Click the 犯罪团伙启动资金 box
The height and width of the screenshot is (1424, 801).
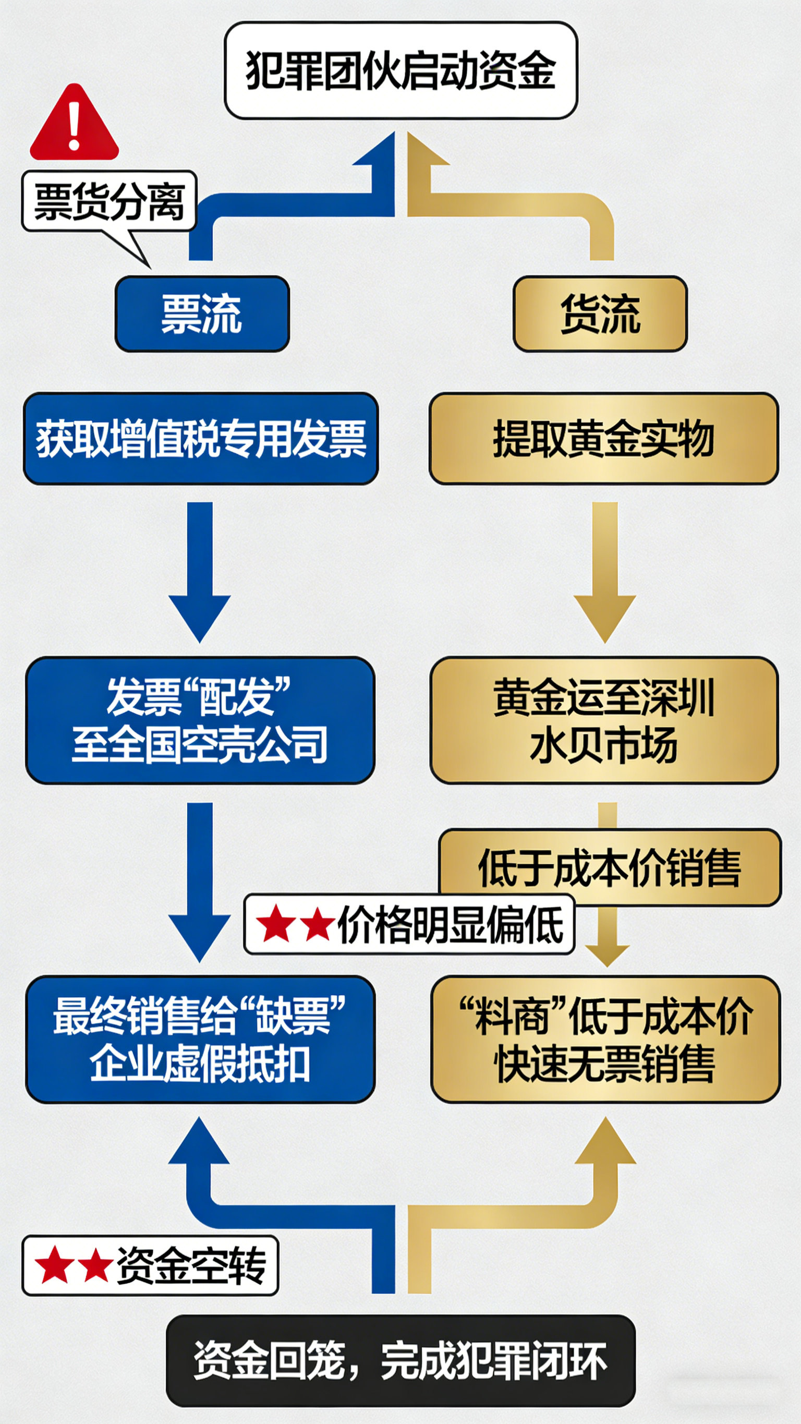(x=401, y=70)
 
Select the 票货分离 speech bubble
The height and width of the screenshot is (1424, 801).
(x=109, y=201)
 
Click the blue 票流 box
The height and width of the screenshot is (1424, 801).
(x=202, y=313)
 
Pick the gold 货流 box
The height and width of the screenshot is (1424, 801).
(x=600, y=313)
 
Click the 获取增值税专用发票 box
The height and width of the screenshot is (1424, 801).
(x=201, y=438)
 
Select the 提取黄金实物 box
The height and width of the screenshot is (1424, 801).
(x=604, y=438)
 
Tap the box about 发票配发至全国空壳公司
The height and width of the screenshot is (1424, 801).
(x=200, y=720)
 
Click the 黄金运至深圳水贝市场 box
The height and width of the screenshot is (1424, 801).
(x=604, y=720)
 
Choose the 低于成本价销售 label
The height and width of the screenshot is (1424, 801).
(x=609, y=867)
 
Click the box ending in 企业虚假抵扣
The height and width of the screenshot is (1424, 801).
(x=200, y=1039)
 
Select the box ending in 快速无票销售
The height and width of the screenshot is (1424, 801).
(x=605, y=1039)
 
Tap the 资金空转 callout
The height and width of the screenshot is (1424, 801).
(x=150, y=1265)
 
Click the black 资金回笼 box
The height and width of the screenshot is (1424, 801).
(x=401, y=1360)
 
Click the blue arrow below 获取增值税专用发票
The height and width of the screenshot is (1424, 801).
(x=200, y=572)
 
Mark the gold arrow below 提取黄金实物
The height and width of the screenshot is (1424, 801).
(x=605, y=572)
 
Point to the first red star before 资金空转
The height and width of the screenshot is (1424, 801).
(x=54, y=1265)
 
